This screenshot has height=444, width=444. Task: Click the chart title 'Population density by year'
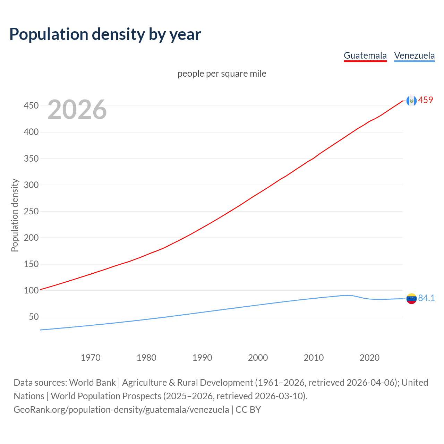[105, 34]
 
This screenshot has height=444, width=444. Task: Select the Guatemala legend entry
[365, 55]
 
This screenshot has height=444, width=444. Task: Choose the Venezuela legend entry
[414, 55]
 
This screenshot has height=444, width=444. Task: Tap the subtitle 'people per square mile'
[222, 74]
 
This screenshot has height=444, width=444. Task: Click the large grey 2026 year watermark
[77, 110]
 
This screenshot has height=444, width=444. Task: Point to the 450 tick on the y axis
[31, 105]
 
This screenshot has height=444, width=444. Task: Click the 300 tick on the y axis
[31, 185]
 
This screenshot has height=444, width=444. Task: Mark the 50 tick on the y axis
[34, 317]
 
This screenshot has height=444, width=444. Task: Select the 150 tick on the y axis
[31, 264]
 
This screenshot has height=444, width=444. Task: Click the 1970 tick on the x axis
[91, 358]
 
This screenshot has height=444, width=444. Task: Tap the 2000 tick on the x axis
[258, 358]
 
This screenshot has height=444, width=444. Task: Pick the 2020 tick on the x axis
[369, 358]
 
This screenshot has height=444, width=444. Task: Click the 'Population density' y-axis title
[15, 215]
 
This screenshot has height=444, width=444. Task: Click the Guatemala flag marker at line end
[411, 101]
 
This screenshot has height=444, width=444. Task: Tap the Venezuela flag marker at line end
[411, 299]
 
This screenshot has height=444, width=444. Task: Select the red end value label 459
[426, 100]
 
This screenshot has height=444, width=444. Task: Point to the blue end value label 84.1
[426, 298]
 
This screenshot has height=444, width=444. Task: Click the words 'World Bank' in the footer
[92, 382]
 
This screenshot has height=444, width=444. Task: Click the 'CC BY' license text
[248, 409]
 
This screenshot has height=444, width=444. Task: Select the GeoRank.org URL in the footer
[121, 409]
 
